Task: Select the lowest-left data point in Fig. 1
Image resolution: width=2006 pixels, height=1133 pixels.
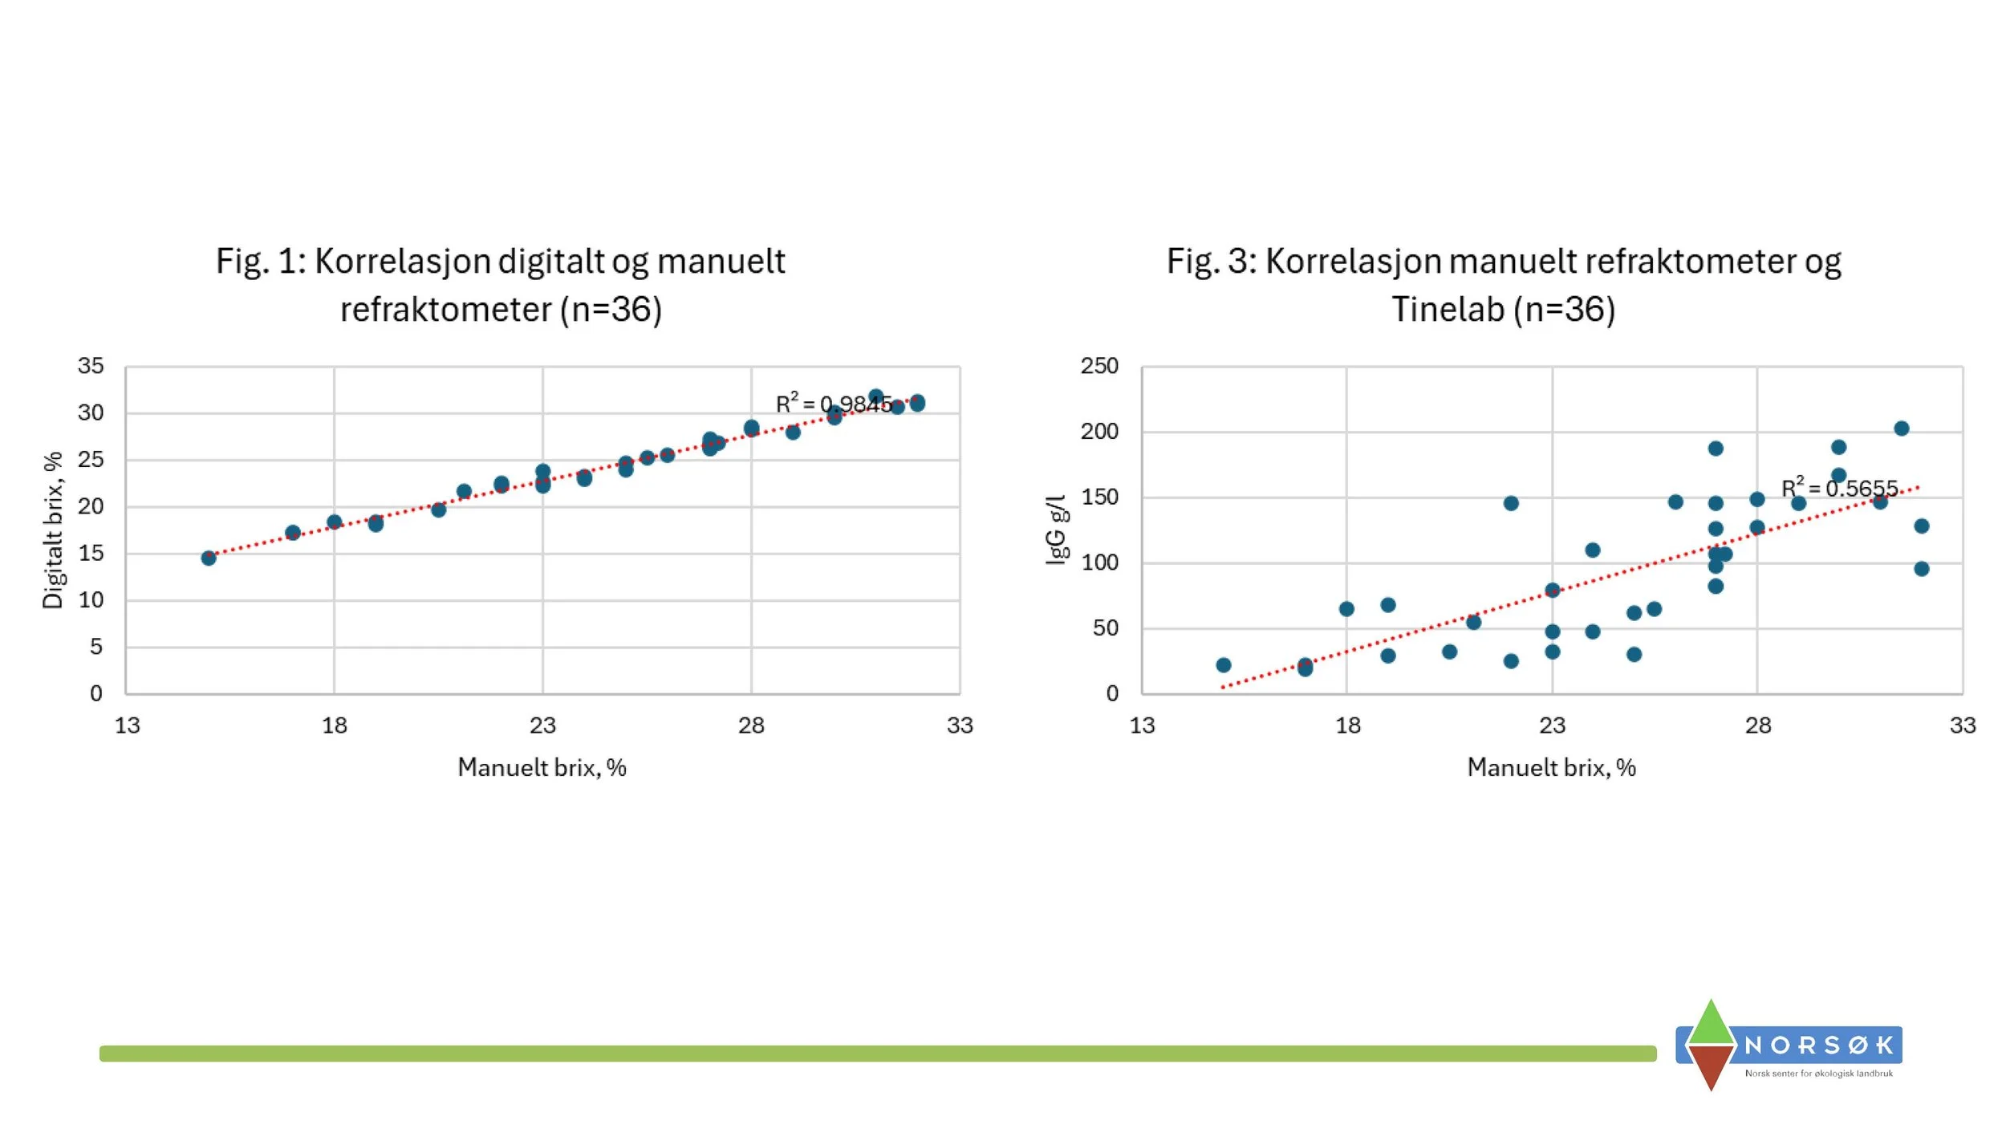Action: [209, 558]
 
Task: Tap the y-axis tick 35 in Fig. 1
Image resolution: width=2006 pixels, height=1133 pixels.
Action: [91, 366]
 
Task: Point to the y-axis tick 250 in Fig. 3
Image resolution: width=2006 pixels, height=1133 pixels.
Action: [1098, 366]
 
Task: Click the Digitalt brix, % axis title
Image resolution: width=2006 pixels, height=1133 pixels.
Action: [53, 530]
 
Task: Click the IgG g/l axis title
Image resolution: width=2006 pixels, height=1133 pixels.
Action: [1057, 530]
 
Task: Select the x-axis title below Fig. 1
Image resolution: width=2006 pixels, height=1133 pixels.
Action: [542, 768]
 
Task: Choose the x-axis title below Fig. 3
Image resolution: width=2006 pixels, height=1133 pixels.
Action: [1551, 768]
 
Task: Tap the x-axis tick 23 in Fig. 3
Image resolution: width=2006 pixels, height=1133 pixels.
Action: [1552, 725]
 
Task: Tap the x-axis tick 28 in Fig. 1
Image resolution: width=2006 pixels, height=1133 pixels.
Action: [751, 725]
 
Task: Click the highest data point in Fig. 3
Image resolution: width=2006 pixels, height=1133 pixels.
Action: [1901, 428]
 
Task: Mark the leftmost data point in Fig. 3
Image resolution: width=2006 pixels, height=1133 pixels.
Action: [1223, 665]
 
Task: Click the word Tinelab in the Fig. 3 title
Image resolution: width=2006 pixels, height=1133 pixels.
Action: [1447, 310]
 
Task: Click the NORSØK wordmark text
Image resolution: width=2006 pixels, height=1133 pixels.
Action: [1819, 1046]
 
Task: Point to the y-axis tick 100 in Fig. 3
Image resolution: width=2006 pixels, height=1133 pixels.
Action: [1098, 562]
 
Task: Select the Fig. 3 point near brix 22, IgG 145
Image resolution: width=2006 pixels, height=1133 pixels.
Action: [1511, 503]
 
